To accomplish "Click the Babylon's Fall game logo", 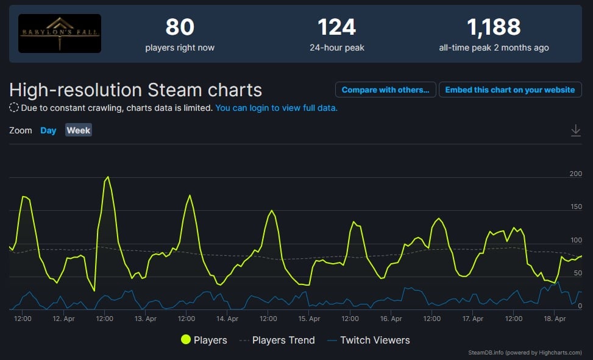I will [x=60, y=34].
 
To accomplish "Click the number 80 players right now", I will [x=180, y=27].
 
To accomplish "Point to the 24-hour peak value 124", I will [x=336, y=27].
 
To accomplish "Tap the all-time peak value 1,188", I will [x=494, y=27].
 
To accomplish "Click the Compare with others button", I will [x=385, y=90].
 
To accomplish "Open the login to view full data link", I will [x=276, y=108].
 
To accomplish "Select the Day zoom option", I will [x=48, y=130].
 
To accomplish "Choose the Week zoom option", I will [x=79, y=130].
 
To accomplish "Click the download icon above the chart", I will [x=575, y=130].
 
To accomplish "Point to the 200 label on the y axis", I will [x=575, y=174].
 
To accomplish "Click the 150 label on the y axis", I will [x=575, y=207].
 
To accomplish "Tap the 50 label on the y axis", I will [x=577, y=273].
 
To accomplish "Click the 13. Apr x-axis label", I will [x=146, y=319].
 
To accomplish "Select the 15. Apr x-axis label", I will [x=310, y=319].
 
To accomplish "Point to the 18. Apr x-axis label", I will [x=555, y=319].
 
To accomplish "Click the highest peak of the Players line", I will [x=108, y=177].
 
